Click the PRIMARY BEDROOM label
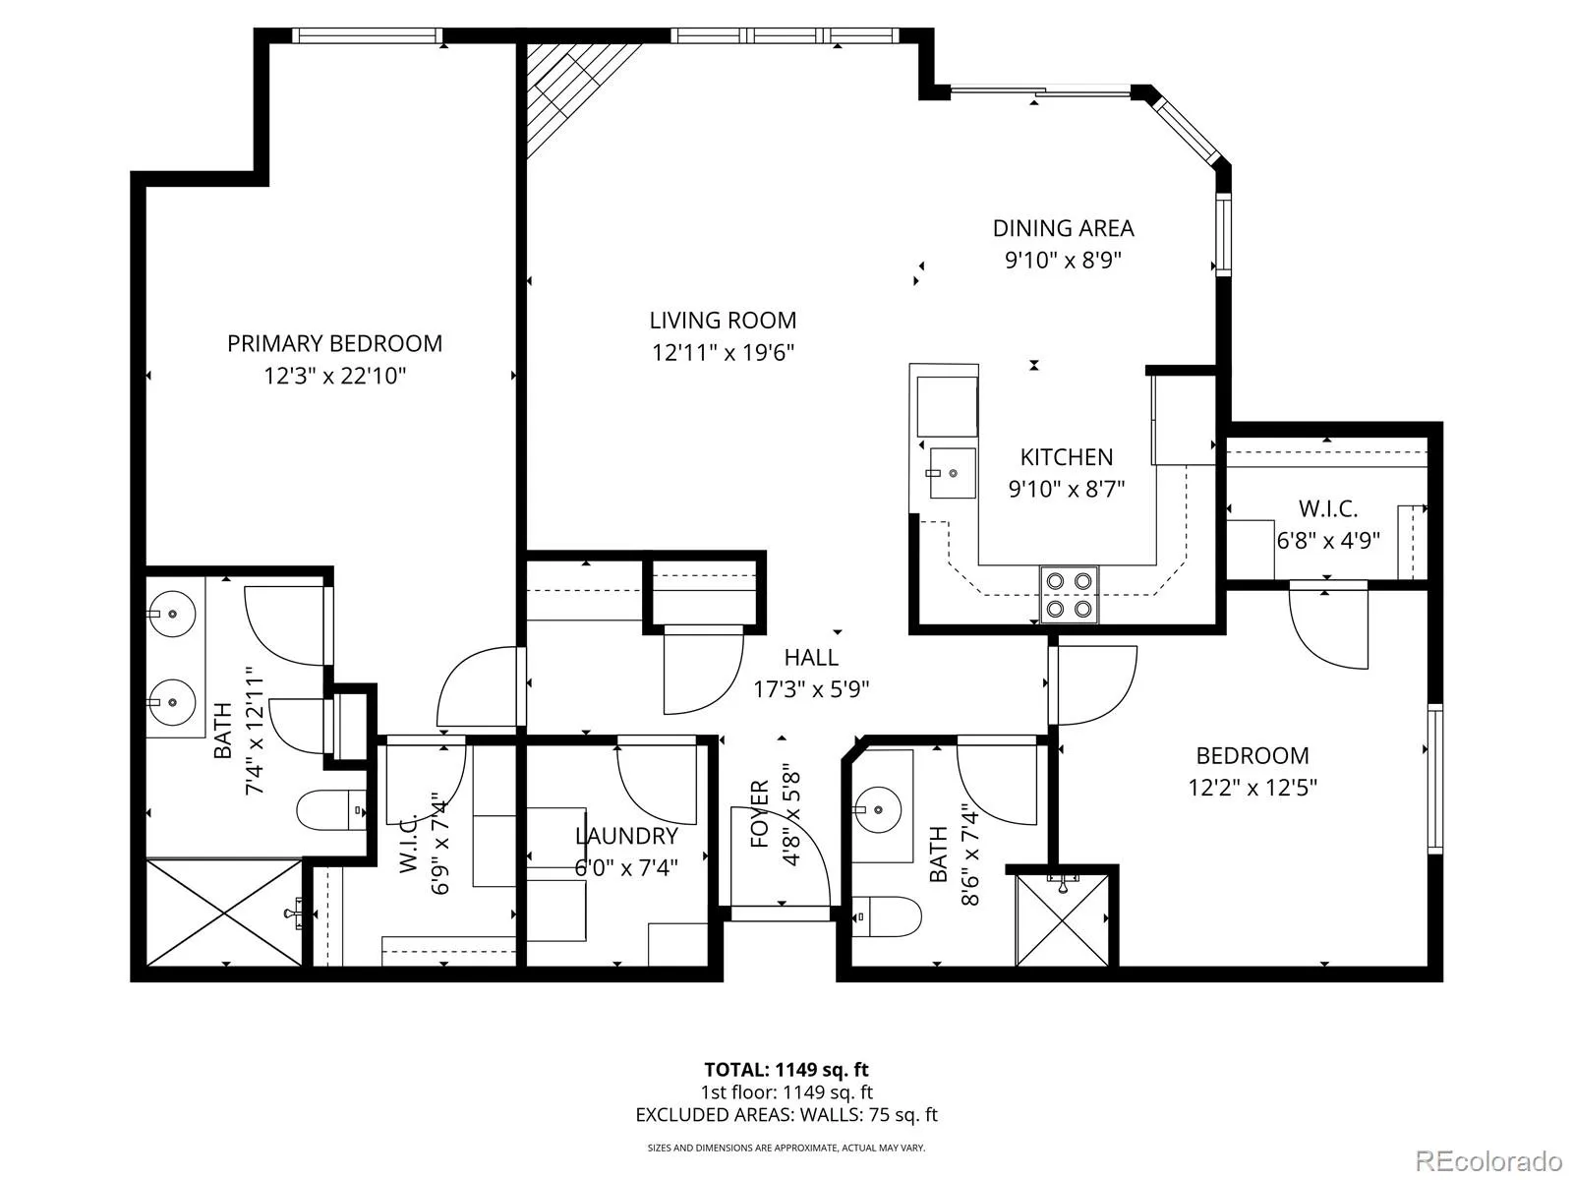334,344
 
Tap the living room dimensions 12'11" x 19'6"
723,352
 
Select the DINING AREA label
1064,228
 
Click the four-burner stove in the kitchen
1070,594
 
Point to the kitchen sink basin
953,473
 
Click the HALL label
811,657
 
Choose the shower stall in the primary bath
223,913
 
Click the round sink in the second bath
879,809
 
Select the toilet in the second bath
887,916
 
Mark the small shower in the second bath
1062,919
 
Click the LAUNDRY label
626,836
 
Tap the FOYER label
760,813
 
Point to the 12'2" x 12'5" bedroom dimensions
1253,788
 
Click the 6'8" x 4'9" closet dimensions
1328,540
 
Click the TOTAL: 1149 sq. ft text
786,1070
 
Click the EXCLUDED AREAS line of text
786,1115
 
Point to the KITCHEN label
1067,457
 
